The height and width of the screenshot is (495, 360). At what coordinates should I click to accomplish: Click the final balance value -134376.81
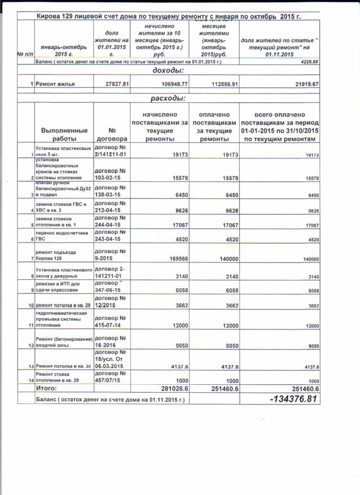(293, 400)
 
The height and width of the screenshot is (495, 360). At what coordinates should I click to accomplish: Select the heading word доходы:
(168, 71)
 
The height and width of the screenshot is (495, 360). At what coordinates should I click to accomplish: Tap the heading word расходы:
(167, 98)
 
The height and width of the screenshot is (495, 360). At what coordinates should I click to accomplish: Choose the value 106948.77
(170, 84)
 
